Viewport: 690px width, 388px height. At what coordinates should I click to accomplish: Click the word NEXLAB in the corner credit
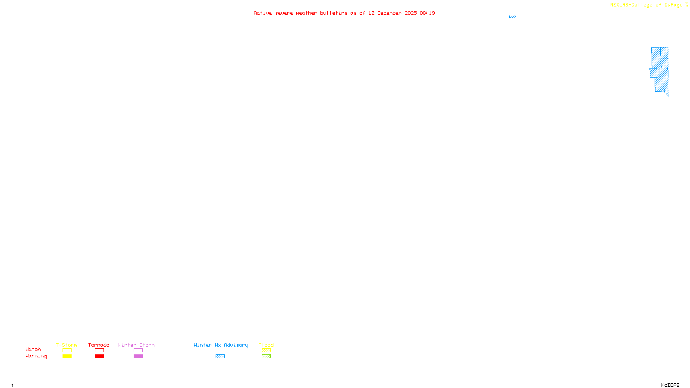620,5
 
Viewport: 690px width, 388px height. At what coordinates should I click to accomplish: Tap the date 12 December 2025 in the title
392,13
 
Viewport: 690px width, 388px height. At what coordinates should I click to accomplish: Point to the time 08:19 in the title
427,13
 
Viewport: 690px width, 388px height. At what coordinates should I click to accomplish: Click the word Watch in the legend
33,349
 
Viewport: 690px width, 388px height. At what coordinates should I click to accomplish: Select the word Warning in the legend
36,356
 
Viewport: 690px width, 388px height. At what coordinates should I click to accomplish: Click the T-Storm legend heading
66,345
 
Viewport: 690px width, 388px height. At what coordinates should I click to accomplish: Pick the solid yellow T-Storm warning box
67,357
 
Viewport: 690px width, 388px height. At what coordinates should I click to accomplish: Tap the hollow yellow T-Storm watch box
67,350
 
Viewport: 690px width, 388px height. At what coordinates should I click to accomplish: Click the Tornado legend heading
99,345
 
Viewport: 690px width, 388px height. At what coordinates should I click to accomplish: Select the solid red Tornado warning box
100,357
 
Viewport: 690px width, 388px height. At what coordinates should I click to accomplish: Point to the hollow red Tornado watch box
100,350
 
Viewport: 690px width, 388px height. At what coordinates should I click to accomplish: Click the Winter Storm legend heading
136,345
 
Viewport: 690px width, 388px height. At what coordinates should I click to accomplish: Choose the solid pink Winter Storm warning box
138,357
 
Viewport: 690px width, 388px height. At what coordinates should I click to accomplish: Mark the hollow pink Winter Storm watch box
138,350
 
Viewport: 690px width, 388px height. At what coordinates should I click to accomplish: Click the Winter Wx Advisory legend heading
221,345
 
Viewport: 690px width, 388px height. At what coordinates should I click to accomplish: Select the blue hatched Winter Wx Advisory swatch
220,357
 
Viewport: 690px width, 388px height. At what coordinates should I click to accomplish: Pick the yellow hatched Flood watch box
267,350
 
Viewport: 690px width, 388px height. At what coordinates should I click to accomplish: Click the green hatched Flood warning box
267,357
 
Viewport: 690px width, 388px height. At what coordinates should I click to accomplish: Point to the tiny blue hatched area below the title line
513,17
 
